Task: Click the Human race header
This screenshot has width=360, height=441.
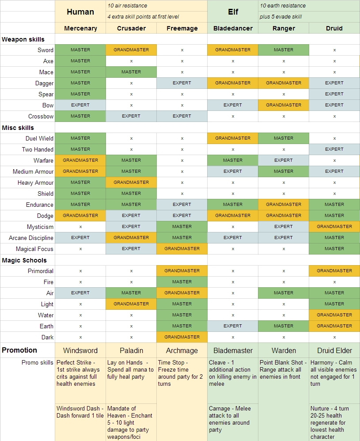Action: (x=80, y=12)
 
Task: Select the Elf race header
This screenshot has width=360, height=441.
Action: (x=233, y=12)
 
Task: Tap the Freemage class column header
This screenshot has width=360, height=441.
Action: (x=182, y=28)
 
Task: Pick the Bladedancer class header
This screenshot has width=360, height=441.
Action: (x=233, y=28)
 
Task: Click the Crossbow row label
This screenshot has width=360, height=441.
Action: (x=41, y=116)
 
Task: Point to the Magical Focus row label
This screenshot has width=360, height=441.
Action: (x=34, y=249)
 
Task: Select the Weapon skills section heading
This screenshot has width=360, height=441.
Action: (x=23, y=39)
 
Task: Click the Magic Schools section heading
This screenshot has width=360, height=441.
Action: (x=24, y=260)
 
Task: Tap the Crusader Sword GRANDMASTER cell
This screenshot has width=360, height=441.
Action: (x=131, y=50)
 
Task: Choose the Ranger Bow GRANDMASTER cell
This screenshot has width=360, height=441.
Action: (x=284, y=105)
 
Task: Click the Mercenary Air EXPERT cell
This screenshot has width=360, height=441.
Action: (x=80, y=293)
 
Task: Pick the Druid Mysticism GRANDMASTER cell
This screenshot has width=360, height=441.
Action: (x=334, y=227)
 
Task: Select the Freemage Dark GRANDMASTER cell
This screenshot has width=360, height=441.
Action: (x=182, y=337)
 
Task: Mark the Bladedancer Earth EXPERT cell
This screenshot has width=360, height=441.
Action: (x=233, y=326)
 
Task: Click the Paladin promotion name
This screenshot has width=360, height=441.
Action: (x=131, y=350)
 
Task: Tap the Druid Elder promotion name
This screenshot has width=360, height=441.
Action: (x=334, y=350)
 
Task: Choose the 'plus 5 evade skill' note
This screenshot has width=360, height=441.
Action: (x=281, y=17)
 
